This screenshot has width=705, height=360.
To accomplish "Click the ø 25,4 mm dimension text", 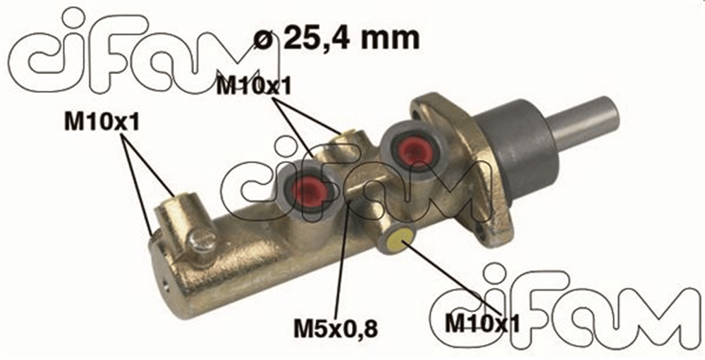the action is tap(336, 38).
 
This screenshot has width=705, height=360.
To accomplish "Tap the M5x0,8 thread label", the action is tap(336, 329).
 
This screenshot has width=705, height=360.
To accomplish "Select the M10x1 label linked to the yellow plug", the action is tap(482, 323).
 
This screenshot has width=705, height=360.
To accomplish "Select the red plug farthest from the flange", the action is tap(309, 191).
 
